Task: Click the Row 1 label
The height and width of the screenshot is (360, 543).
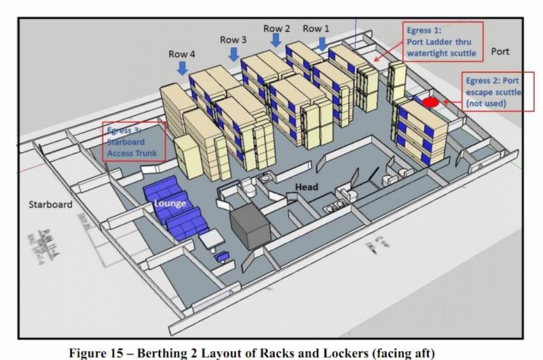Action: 316,29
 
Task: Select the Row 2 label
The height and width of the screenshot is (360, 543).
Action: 277,29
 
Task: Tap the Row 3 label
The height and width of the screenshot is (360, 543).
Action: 233,40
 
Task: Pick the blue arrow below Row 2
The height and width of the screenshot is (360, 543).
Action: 276,41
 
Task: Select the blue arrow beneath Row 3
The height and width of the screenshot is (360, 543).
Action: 233,54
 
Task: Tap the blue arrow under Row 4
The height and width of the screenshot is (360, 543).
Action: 182,68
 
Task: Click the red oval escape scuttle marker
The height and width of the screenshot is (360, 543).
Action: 430,103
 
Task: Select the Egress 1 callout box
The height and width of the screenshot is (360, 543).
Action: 441,41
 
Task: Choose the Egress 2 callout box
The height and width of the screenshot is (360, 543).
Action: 493,92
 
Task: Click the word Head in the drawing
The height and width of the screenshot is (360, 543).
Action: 307,185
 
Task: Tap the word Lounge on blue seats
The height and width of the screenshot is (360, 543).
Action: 170,202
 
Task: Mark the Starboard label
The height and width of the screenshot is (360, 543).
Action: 50,204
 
